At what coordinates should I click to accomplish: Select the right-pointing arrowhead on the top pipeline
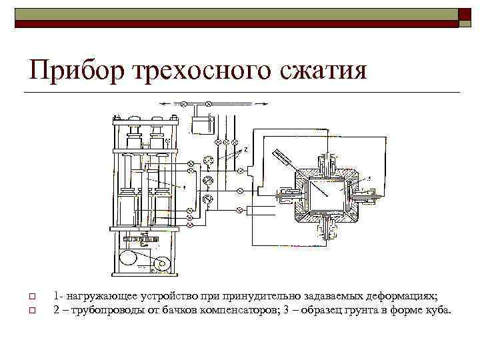coord(265,103)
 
